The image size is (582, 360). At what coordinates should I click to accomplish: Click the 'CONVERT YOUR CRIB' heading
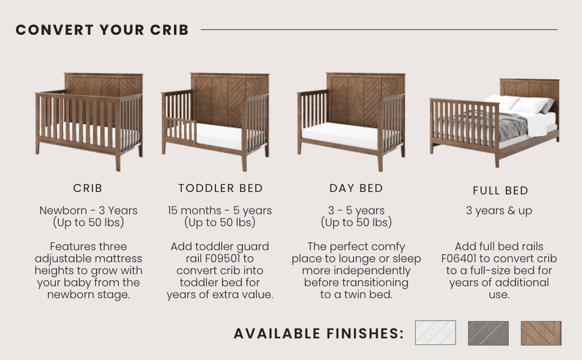point(102,30)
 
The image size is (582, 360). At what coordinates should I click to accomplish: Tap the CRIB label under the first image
point(88,188)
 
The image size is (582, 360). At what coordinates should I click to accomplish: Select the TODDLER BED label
point(220,188)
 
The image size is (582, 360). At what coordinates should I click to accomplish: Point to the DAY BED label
point(356,188)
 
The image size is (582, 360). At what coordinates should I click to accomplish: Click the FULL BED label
point(500,191)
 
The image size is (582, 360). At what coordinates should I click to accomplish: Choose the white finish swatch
point(436,333)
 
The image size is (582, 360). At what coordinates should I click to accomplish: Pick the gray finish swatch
point(488,333)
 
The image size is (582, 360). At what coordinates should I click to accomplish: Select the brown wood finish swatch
point(541,333)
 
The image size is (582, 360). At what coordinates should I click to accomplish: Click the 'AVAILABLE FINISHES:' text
point(319,334)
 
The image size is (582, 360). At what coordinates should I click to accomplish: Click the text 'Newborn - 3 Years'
point(88,211)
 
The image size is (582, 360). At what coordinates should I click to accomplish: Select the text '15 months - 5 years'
point(220,211)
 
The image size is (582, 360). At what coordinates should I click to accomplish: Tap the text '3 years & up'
point(499,211)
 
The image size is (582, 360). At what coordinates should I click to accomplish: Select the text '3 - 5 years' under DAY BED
point(356,211)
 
